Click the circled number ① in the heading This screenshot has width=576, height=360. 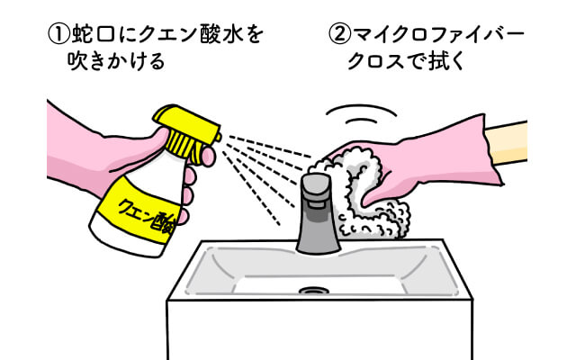(x=58, y=35)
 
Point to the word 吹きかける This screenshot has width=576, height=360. (x=116, y=61)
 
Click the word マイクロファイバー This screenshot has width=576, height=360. (x=438, y=35)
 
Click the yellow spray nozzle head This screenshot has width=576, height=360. (x=187, y=130)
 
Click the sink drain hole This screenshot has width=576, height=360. (x=313, y=291)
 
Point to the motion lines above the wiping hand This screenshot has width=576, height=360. (x=361, y=114)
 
